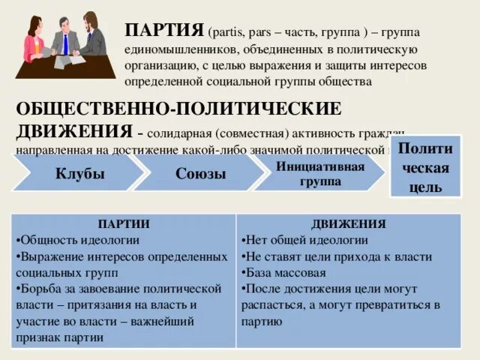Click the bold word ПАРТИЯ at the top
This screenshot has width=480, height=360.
pyautogui.click(x=166, y=29)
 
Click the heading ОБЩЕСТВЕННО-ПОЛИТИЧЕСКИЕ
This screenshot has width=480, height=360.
pyautogui.click(x=178, y=109)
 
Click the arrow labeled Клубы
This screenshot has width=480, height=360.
pyautogui.click(x=79, y=173)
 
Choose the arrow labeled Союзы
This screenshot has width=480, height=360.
pyautogui.click(x=199, y=173)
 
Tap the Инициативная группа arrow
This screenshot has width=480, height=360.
pyautogui.click(x=320, y=172)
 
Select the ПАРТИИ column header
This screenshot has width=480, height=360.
pyautogui.click(x=124, y=223)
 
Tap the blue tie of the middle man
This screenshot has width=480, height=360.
pyautogui.click(x=65, y=46)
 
